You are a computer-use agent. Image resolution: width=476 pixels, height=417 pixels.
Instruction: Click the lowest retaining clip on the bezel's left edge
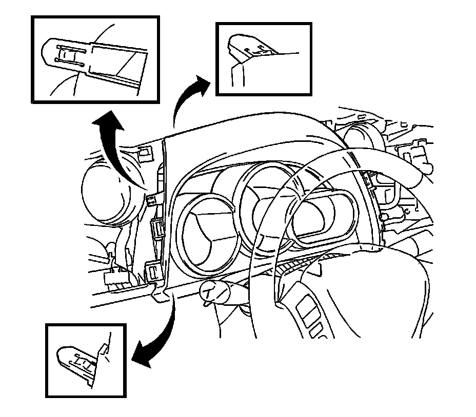[x=153, y=272]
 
